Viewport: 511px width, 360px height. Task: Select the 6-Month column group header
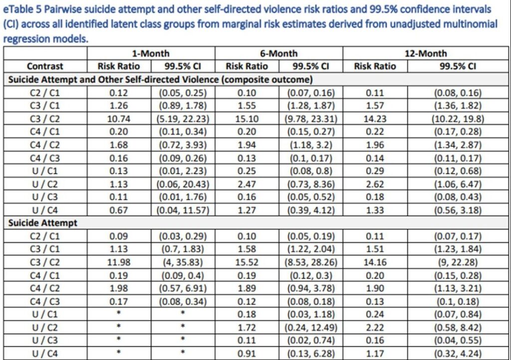coord(278,53)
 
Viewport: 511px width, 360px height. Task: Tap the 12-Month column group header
coord(425,53)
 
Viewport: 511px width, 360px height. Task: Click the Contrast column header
coord(45,66)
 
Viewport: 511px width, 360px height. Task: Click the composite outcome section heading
coord(160,79)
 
